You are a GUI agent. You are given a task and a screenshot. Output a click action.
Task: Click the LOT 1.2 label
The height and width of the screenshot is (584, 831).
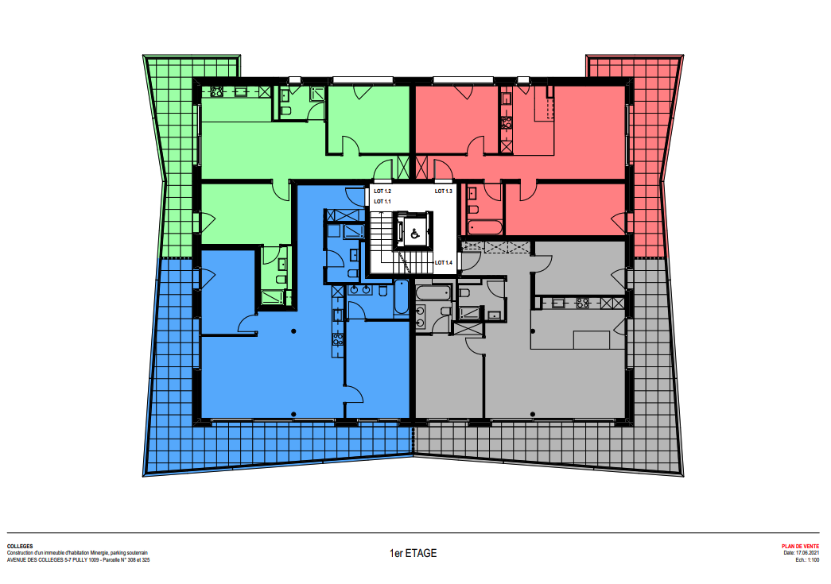coord(382,191)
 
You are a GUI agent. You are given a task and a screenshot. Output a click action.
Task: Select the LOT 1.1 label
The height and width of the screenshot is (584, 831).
coord(382,202)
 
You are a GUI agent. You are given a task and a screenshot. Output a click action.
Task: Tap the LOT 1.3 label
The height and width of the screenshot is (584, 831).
coord(444,191)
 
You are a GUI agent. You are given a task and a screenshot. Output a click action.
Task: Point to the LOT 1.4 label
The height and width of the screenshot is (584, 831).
coord(444,263)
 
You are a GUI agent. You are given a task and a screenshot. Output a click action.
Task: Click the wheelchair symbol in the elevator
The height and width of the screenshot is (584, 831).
coord(415,233)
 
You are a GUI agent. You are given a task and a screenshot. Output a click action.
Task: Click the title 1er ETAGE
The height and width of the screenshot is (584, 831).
coord(414,553)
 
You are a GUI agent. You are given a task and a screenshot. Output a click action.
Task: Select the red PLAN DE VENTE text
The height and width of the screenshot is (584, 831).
coord(800,547)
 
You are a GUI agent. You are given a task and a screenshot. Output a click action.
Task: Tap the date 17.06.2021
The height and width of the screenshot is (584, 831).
coord(807,553)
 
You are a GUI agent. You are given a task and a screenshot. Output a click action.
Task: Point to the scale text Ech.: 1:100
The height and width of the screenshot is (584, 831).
coord(807,559)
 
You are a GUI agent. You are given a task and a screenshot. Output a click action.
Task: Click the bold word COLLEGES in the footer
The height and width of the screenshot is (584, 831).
coord(20,547)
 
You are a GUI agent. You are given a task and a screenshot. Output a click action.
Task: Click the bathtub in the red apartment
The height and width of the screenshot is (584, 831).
coord(485,228)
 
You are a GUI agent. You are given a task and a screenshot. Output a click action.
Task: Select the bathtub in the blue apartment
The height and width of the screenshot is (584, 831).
coord(402,298)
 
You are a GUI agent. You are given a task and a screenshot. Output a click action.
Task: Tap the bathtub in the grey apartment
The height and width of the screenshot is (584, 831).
coord(433,292)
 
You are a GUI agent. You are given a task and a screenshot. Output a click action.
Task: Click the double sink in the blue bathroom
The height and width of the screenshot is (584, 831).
coord(360,290)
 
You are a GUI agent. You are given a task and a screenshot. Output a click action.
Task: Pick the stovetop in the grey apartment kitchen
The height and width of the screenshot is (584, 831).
coord(582,304)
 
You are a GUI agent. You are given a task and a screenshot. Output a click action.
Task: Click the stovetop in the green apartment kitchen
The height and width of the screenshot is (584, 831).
coord(217,91)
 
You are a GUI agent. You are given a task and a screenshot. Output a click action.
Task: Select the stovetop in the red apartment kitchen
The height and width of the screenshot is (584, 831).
coord(506,124)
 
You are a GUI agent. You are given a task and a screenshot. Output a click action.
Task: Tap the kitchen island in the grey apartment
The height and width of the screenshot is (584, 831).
coord(592,339)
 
